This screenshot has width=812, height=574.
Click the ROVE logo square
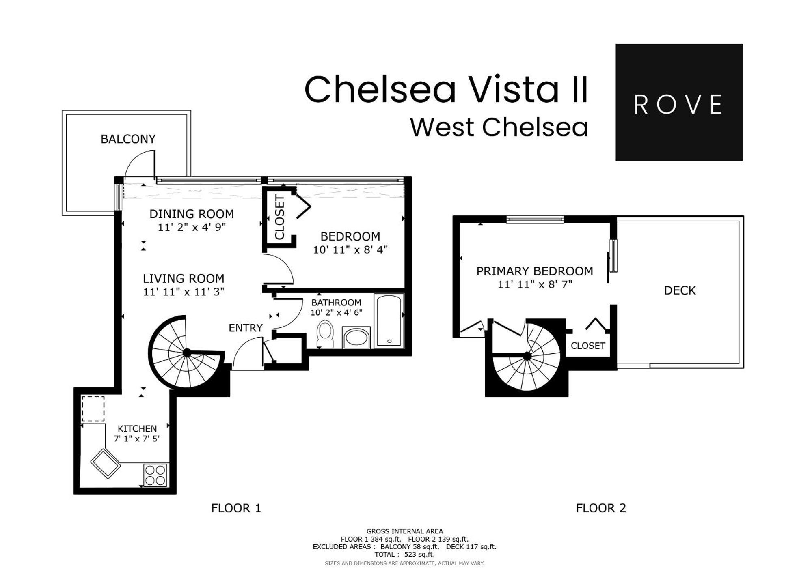click(679, 102)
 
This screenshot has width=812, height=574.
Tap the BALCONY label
click(128, 139)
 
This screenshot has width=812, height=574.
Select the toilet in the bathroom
click(325, 334)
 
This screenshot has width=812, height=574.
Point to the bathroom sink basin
click(356, 338)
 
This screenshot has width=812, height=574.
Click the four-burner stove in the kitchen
click(155, 475)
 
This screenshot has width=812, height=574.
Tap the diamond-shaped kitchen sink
click(106, 463)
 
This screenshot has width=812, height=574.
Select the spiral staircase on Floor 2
click(527, 357)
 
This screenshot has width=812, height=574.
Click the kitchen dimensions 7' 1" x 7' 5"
click(137, 439)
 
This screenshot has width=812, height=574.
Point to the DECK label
click(680, 290)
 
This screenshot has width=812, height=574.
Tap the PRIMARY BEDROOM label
click(534, 271)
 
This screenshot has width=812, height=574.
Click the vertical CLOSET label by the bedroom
click(279, 217)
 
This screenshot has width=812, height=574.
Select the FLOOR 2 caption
click(601, 508)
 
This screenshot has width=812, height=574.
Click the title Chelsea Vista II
click(446, 90)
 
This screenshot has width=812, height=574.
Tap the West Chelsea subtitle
click(499, 127)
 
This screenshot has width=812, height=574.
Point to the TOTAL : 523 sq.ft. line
click(404, 554)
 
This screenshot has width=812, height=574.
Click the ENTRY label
click(245, 328)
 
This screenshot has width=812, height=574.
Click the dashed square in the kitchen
click(93, 409)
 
